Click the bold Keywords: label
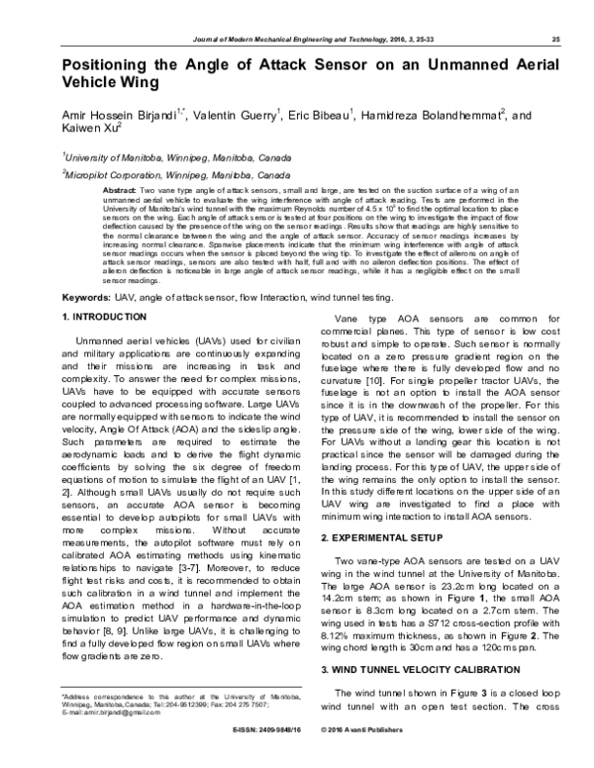[87, 297]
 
